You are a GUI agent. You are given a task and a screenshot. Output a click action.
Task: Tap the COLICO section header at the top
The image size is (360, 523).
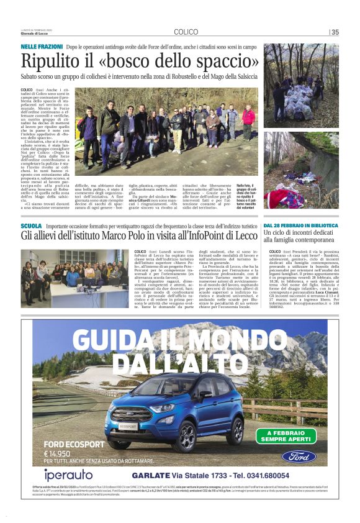(x=186, y=32)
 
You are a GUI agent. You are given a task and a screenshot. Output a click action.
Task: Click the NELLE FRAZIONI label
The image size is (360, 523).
(x=42, y=47)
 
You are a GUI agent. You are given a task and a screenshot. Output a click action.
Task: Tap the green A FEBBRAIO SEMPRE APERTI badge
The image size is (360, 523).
(x=289, y=436)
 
